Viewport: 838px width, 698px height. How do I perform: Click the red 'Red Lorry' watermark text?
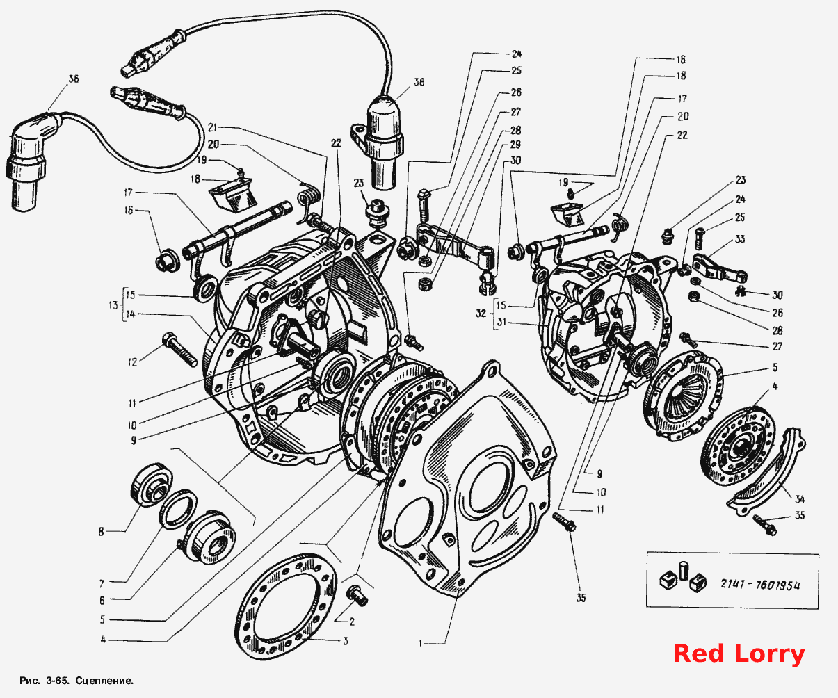pos(739,654)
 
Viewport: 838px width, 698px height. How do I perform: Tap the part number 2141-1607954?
pos(759,585)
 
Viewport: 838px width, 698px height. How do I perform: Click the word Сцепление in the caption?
pos(104,681)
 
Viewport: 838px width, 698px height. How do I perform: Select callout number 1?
pos(421,644)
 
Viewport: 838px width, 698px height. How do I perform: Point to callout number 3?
pos(345,642)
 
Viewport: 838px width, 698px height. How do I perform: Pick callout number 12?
pos(132,362)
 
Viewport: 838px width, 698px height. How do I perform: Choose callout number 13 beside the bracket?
pos(113,305)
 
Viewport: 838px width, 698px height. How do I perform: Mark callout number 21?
pos(212,127)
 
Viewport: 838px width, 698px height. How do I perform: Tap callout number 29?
pos(515,145)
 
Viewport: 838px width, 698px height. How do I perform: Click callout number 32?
pos(481,314)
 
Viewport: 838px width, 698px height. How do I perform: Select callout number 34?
pos(800,499)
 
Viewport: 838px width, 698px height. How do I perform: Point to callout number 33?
pos(740,239)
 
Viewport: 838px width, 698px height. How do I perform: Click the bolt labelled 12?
pos(180,350)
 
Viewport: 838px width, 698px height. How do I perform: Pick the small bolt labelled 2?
pos(357,594)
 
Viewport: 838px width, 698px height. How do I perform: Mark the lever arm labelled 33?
pos(718,267)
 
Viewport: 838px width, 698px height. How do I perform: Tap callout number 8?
pos(101,532)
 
